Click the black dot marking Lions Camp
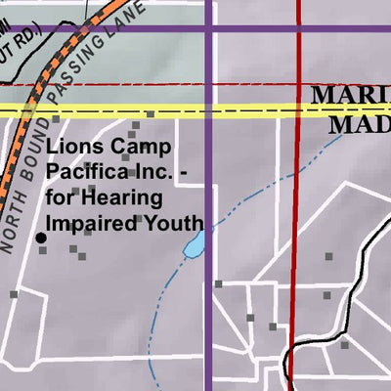(x=41, y=238)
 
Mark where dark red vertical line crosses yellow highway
(x=296, y=109)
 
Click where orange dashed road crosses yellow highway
(x=23, y=109)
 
